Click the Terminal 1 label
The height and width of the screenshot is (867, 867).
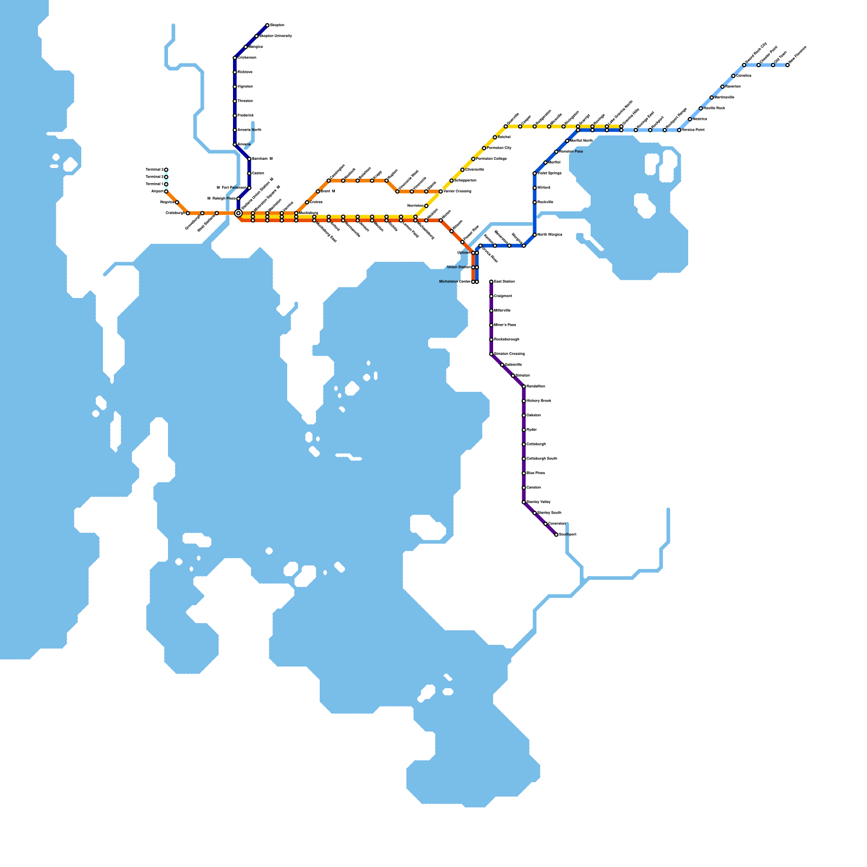pyautogui.click(x=154, y=184)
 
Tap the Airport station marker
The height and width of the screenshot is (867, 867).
pyautogui.click(x=166, y=191)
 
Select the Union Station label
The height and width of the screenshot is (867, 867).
pyautogui.click(x=458, y=267)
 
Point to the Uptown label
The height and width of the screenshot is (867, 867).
pyautogui.click(x=464, y=253)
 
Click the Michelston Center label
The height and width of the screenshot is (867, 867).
pyautogui.click(x=455, y=282)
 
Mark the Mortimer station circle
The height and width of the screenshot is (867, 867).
pyautogui.click(x=426, y=206)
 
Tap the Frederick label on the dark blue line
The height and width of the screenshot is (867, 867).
pyautogui.click(x=245, y=115)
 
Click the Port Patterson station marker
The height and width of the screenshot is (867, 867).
pyautogui.click(x=249, y=187)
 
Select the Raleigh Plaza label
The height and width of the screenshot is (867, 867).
pyautogui.click(x=224, y=199)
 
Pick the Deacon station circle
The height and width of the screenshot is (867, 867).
pyautogui.click(x=249, y=173)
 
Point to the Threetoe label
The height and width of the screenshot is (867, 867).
pyautogui.click(x=245, y=101)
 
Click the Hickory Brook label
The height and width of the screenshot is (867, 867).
pyautogui.click(x=539, y=401)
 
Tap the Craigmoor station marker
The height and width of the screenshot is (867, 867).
pyautogui.click(x=491, y=296)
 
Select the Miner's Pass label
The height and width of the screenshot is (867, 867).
pyautogui.click(x=504, y=325)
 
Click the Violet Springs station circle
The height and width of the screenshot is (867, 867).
pyautogui.click(x=534, y=173)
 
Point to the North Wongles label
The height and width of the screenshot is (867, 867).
pyautogui.click(x=549, y=235)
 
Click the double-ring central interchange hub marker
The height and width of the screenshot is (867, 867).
pyautogui.click(x=238, y=213)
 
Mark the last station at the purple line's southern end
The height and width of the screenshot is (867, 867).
pyautogui.click(x=556, y=535)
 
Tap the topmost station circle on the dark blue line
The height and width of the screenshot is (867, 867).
pyautogui.click(x=267, y=25)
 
